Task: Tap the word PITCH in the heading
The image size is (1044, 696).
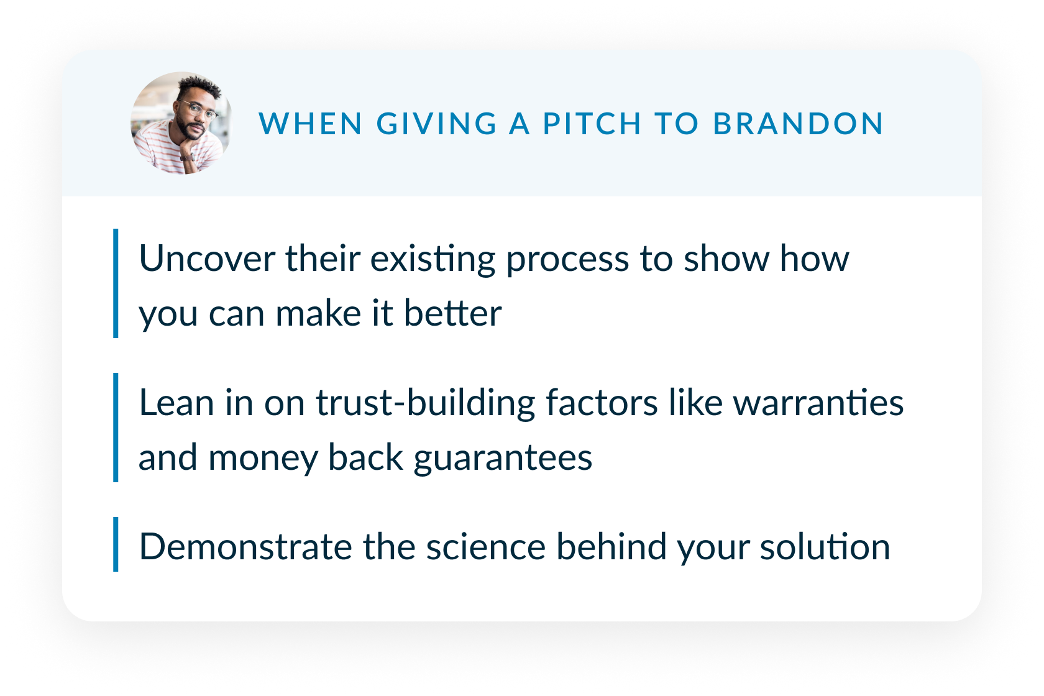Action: (x=592, y=124)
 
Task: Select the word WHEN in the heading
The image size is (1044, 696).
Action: (x=311, y=124)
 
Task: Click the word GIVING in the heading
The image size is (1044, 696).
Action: (x=436, y=124)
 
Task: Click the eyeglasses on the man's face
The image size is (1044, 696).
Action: (x=199, y=110)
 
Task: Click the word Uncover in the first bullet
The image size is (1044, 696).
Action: (x=208, y=259)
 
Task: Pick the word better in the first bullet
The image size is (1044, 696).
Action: (x=452, y=313)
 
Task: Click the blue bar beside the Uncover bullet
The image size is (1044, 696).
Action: (x=116, y=283)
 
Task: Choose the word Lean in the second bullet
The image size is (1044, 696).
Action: (x=176, y=403)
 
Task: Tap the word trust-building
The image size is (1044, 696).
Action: (x=426, y=403)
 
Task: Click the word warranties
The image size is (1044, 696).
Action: (x=818, y=403)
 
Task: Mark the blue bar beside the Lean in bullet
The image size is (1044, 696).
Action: (x=116, y=428)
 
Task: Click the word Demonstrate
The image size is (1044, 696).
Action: (x=245, y=547)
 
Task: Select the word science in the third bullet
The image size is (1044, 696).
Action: (x=486, y=547)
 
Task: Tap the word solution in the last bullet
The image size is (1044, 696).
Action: (x=825, y=547)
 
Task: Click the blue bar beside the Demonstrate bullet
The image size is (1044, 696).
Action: (x=116, y=544)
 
